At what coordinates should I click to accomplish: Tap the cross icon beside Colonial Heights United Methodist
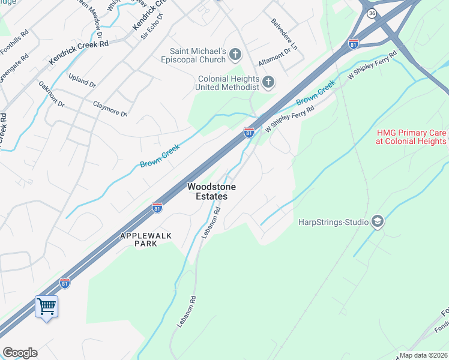coord(268,82)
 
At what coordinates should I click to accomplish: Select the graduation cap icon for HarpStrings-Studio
coord(378,222)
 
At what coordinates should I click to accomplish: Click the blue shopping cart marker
coord(46,307)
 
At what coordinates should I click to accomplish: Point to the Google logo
coord(20,353)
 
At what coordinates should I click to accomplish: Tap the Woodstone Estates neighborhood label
coord(211,191)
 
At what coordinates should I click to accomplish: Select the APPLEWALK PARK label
coord(147,240)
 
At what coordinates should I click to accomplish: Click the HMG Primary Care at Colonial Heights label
coord(411,137)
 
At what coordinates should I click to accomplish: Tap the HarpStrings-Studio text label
coord(333,222)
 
